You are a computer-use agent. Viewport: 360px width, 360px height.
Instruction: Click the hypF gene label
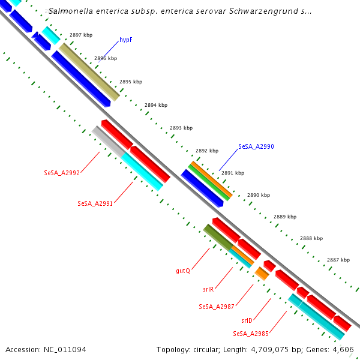point(125,40)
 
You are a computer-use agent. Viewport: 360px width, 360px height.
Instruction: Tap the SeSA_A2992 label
point(62,173)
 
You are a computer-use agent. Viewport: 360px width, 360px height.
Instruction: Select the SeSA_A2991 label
point(95,203)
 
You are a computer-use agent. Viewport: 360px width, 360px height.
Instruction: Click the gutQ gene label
point(183,271)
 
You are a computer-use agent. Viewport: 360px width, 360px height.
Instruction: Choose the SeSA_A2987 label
point(217,307)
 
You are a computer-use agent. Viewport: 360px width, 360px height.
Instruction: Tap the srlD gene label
point(247,320)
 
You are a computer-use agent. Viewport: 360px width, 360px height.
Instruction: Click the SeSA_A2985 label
point(251,333)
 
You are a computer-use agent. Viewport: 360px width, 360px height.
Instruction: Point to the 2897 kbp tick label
point(81,35)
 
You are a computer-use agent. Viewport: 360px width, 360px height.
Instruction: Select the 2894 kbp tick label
point(156,105)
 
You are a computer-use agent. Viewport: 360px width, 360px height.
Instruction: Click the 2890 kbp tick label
point(259,195)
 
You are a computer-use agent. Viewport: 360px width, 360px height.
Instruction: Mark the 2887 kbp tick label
point(338,260)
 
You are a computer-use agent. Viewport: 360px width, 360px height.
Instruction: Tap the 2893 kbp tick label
point(181,128)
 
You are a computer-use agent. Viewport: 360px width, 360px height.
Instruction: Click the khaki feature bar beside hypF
point(89,72)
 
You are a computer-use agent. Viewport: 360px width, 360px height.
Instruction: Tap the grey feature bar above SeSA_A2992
point(109,142)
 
